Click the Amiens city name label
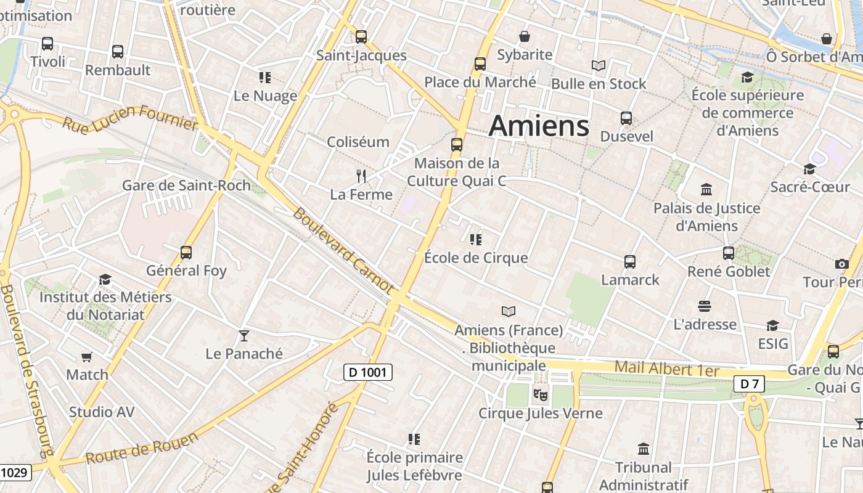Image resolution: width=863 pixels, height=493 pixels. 539,126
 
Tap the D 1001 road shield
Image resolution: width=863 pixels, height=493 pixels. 367,372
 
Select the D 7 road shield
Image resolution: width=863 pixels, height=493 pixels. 749,384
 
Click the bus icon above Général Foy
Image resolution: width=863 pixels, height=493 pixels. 186,252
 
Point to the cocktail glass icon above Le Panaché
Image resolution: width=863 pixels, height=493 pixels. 244,335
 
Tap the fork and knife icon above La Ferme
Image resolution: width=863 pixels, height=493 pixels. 361,176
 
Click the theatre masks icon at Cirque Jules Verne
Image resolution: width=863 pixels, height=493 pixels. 540,394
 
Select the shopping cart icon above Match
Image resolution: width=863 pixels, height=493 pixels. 87,357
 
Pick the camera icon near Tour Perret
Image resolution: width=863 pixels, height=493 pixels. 841,264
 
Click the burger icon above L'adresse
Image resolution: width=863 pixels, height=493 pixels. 705,306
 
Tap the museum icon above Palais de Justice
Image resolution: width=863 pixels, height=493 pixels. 706,190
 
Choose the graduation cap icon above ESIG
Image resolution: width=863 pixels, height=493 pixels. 772,325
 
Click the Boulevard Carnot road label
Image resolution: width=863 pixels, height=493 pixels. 342,250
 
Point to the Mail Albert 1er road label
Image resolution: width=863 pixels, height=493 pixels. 667,369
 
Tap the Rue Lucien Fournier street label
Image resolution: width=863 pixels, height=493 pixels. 130,117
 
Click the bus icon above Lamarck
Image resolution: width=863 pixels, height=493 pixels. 630,262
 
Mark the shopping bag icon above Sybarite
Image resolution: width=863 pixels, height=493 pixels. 525,37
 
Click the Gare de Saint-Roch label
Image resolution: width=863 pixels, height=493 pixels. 186,185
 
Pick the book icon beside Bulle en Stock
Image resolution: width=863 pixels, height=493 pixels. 598,65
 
